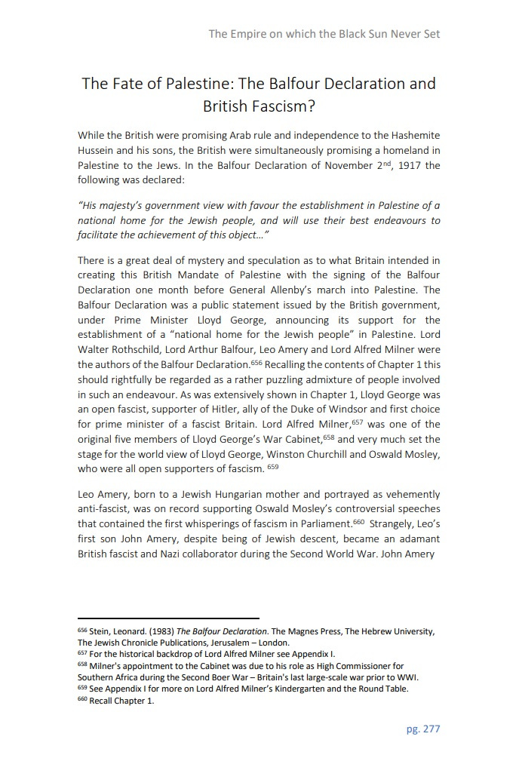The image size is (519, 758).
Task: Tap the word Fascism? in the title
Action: (x=259, y=106)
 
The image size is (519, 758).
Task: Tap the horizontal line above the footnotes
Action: (x=168, y=618)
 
